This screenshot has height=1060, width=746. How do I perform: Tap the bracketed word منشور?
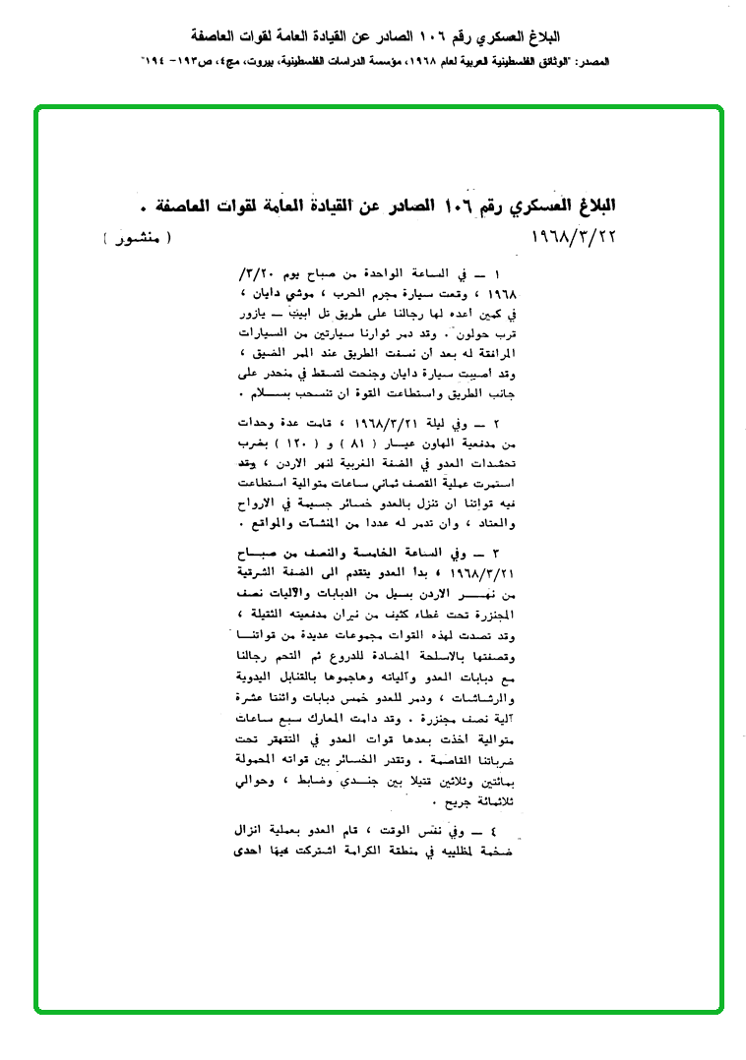(x=136, y=239)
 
